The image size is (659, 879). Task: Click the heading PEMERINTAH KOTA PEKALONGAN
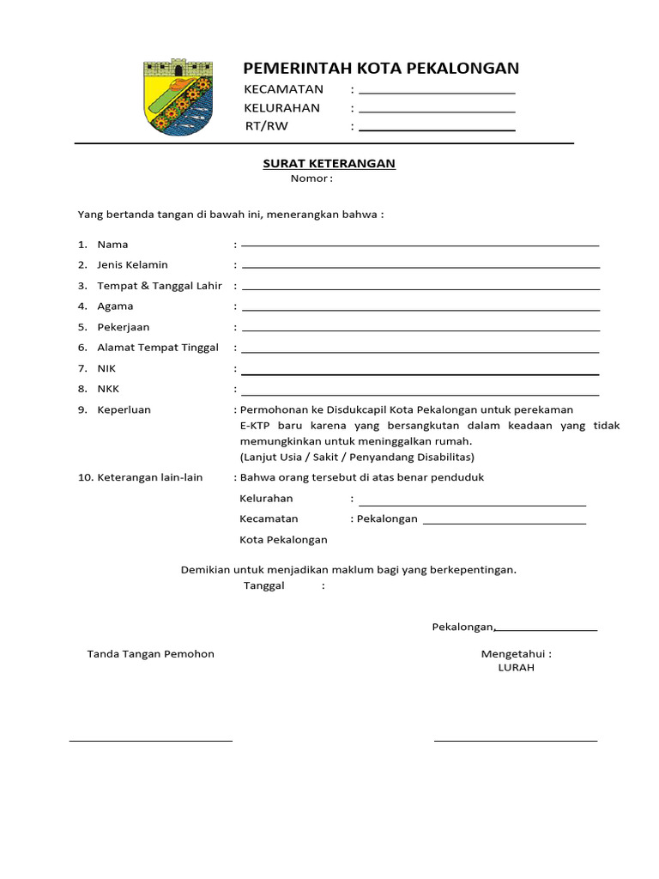[x=381, y=69]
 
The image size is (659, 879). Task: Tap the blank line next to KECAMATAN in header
[x=437, y=91]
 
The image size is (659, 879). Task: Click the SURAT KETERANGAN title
[x=329, y=163]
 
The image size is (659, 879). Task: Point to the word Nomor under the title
[x=309, y=179]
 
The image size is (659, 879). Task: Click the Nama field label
[x=112, y=245]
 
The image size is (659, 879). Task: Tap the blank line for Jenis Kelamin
[x=420, y=266]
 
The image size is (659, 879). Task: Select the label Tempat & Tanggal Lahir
[x=160, y=286]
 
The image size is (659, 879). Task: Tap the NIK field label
[x=106, y=368]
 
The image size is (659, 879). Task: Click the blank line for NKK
[x=420, y=394]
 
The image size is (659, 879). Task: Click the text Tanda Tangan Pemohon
[x=151, y=654]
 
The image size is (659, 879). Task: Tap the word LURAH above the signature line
[x=516, y=668]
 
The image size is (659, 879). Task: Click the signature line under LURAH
[x=515, y=739]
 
